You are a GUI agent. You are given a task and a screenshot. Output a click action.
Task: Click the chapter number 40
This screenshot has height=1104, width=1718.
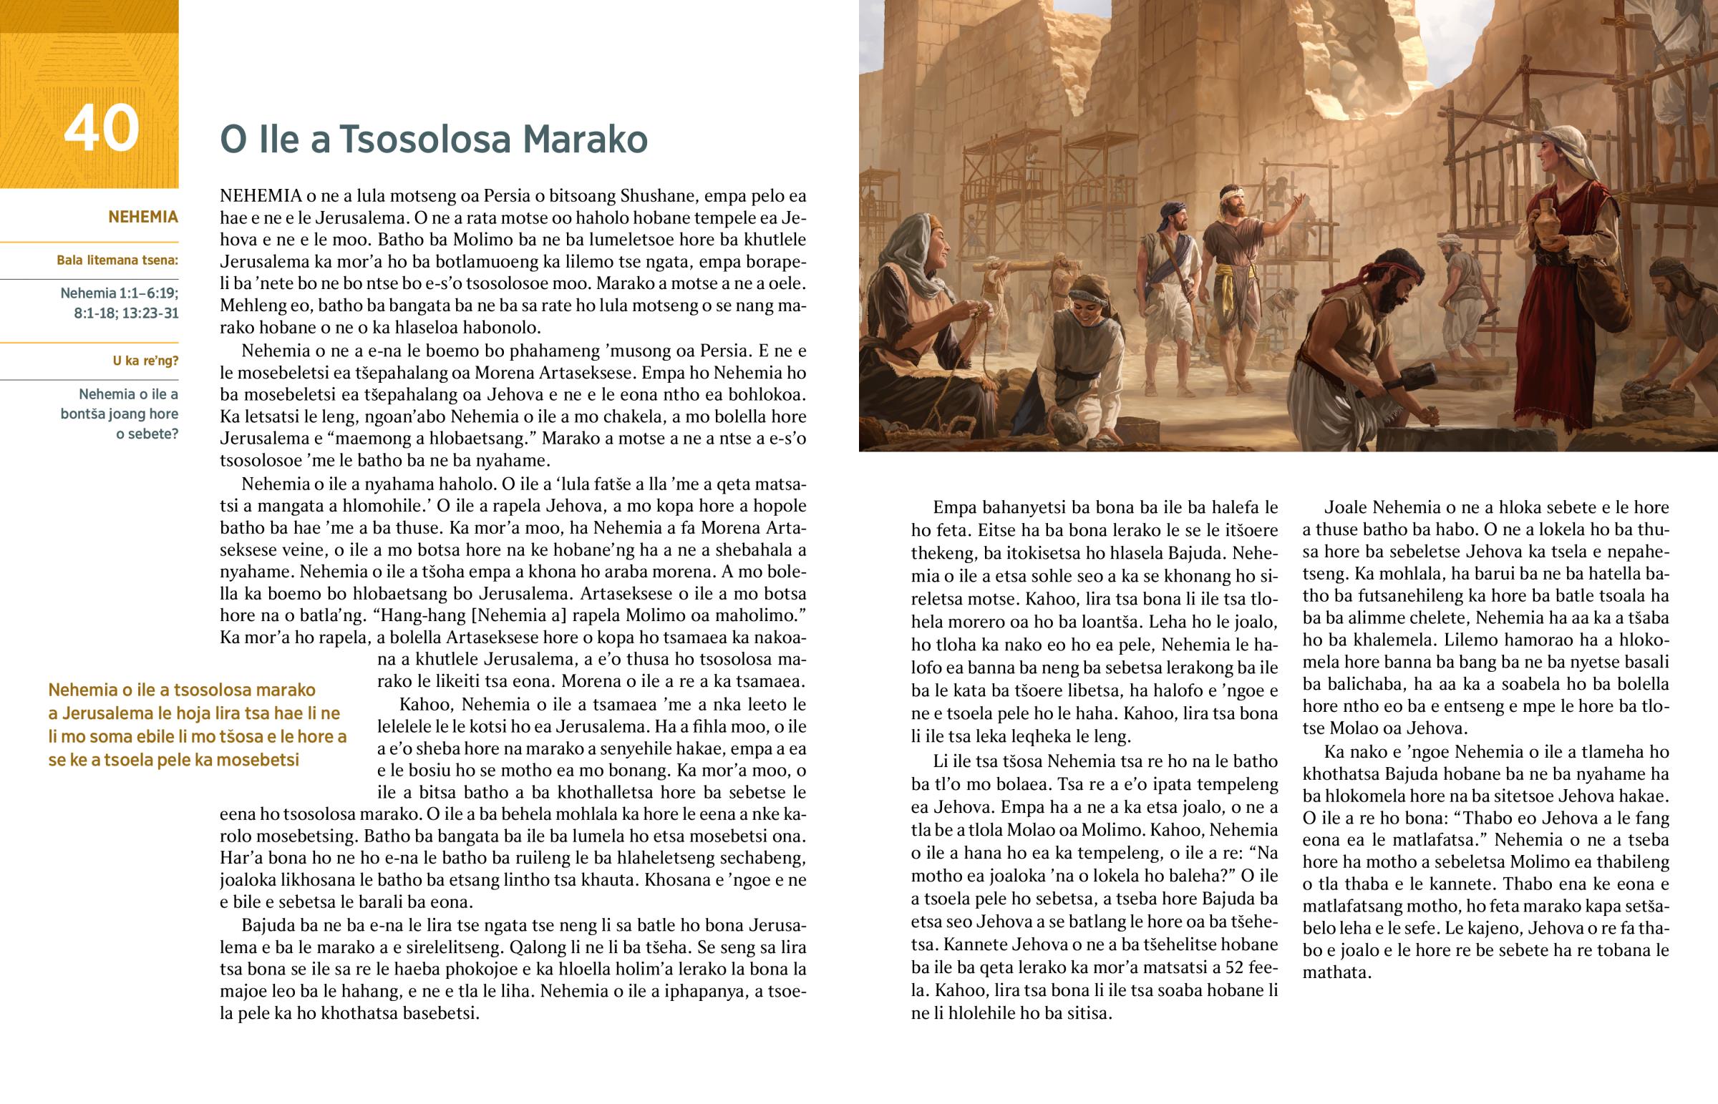pyautogui.click(x=101, y=129)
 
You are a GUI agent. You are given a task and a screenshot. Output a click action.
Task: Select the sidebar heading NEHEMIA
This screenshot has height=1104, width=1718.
pyautogui.click(x=142, y=218)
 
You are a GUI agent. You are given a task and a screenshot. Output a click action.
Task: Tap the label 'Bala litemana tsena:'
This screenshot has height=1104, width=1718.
pyautogui.click(x=117, y=260)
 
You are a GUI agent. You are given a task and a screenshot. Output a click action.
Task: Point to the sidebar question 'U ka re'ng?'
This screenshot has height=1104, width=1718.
pyautogui.click(x=145, y=361)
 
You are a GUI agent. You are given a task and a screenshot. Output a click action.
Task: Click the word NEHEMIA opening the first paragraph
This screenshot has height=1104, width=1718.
pyautogui.click(x=261, y=196)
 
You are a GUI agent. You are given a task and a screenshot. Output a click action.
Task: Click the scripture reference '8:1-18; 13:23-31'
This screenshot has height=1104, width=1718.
pyautogui.click(x=125, y=313)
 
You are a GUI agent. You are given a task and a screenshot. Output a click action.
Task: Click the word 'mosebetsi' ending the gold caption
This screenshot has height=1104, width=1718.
pyautogui.click(x=258, y=760)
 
